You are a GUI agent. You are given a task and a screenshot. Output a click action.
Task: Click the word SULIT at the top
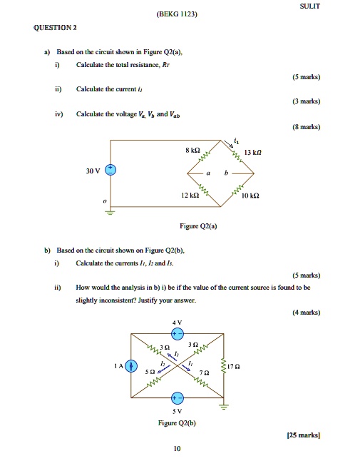point(311,6)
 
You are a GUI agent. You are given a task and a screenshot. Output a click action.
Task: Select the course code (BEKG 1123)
point(179,14)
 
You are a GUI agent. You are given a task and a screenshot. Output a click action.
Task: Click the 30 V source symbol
point(110,170)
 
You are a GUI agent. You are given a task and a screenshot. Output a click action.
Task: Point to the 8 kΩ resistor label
point(192,150)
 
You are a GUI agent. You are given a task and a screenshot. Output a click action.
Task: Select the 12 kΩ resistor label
point(190,196)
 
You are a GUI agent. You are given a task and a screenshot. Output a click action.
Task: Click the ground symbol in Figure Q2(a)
point(110,211)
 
